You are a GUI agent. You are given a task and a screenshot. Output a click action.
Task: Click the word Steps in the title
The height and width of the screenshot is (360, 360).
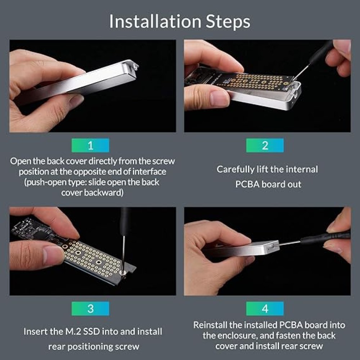click(x=228, y=22)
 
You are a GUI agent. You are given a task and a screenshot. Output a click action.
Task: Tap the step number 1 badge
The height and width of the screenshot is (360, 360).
click(x=90, y=145)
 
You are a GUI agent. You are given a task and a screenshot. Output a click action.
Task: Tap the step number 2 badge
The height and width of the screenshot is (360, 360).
click(x=265, y=145)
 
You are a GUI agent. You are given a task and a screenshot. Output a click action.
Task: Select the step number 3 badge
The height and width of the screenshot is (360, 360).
click(x=90, y=309)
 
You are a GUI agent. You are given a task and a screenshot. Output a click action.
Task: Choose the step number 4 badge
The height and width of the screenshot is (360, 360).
click(x=265, y=309)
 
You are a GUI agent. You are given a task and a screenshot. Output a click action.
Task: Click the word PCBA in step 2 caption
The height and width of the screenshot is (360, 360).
click(x=247, y=184)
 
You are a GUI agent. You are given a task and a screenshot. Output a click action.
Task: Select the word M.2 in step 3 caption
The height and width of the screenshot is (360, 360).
click(x=84, y=331)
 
